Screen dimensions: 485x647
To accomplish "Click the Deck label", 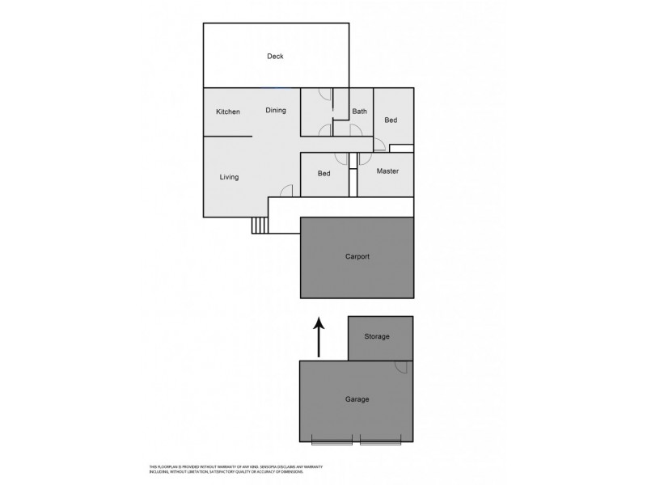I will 275,56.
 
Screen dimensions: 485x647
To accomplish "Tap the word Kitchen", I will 227,112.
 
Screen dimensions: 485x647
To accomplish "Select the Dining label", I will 276,111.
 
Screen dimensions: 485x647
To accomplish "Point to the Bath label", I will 359,112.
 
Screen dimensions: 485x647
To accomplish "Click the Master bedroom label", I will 388,171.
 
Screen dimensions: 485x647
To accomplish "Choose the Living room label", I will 229,177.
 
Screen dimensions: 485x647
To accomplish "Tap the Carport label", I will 357,256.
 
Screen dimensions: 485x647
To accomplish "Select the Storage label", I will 377,336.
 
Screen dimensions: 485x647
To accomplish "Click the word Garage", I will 357,399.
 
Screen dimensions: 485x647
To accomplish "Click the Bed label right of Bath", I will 391,120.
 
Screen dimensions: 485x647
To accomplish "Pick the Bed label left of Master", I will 323,174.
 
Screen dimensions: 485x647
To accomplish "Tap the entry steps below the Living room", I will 260,226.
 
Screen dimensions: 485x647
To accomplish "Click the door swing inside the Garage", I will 400,367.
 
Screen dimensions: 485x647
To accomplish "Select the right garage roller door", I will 380,441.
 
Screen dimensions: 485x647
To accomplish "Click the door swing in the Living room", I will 285,191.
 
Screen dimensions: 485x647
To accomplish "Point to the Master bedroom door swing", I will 366,159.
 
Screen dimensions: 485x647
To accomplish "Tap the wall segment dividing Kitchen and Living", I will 227,137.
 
